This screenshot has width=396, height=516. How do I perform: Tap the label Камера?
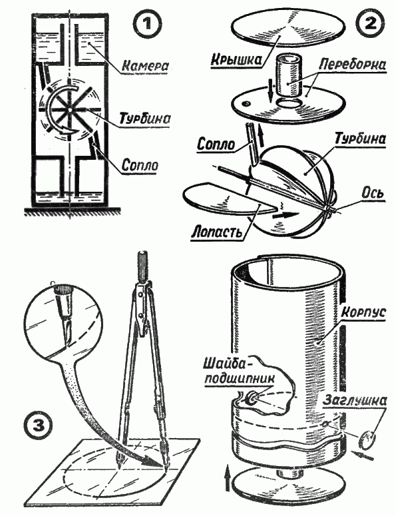point(145,65)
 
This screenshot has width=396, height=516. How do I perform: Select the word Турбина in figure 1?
point(145,118)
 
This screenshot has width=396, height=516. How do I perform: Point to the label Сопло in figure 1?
point(140,164)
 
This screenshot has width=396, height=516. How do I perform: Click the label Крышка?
point(236,59)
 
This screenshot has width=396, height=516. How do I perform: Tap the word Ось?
point(373,192)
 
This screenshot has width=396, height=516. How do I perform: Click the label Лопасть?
point(217,231)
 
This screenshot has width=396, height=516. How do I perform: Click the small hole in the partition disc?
point(245,104)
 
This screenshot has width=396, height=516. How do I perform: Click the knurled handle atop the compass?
point(142,266)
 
